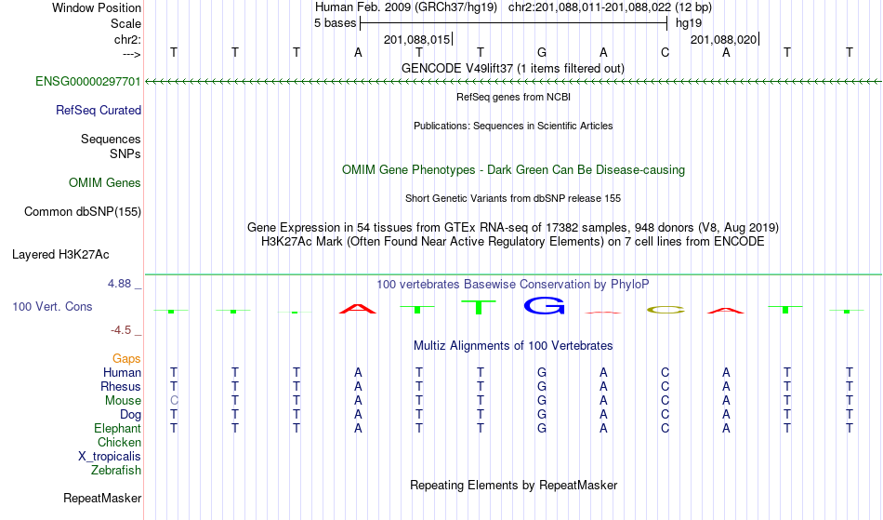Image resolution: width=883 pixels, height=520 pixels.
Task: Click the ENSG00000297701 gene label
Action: [x=88, y=82]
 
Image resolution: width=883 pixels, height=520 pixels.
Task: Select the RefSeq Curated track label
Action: [x=99, y=111]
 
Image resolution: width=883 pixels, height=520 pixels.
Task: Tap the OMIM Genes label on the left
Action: [x=105, y=183]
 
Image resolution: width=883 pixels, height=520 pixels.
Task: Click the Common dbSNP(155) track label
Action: [x=83, y=212]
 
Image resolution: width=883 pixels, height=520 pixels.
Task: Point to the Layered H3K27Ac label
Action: [x=60, y=255]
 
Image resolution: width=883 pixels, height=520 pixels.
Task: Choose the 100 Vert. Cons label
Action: [x=52, y=306]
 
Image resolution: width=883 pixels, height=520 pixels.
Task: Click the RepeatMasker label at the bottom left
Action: [x=102, y=498]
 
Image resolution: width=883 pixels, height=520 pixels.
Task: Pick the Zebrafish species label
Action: [x=116, y=470]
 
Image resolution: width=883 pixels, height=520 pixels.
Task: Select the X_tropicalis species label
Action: [x=110, y=457]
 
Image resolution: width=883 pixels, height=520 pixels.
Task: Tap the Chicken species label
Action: [x=119, y=442]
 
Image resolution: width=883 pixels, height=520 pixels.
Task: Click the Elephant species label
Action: [x=118, y=428]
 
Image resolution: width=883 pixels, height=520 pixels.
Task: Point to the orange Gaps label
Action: [x=126, y=359]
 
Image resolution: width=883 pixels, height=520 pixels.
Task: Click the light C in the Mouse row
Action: [x=174, y=401]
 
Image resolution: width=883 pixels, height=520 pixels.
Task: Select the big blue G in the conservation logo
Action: [x=544, y=305]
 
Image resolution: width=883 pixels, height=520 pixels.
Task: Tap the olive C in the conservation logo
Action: [x=666, y=310]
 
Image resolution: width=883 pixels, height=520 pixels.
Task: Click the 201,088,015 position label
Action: [x=416, y=40]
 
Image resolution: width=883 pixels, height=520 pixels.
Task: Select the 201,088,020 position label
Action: [x=724, y=40]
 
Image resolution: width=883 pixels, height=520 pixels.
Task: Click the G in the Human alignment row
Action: [x=542, y=372]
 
